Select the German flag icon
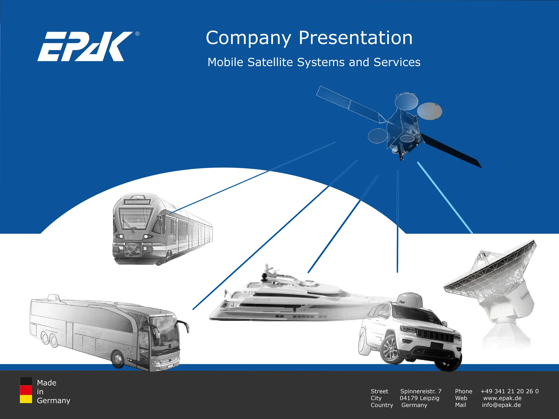click(x=26, y=390)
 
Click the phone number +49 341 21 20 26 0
click(x=509, y=391)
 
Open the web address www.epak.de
click(x=502, y=398)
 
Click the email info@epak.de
click(x=501, y=405)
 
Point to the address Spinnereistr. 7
click(x=421, y=391)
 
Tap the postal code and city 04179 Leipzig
click(x=420, y=398)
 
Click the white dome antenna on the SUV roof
click(x=409, y=300)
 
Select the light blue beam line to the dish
click(x=445, y=198)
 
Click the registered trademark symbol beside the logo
click(x=137, y=34)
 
